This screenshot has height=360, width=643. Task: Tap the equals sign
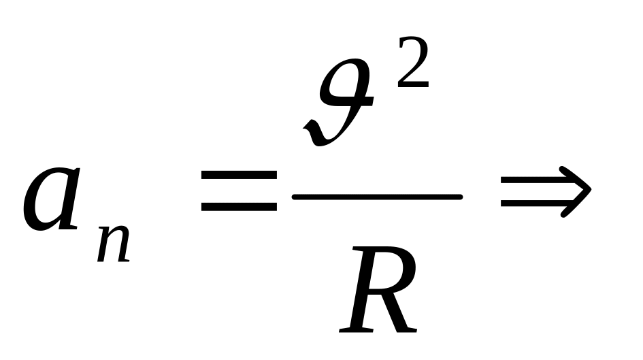pos(239,191)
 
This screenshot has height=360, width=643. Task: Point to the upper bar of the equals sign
pos(239,176)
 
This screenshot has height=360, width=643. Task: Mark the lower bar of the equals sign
pos(239,206)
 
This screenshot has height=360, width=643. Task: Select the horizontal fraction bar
pos(377,197)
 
